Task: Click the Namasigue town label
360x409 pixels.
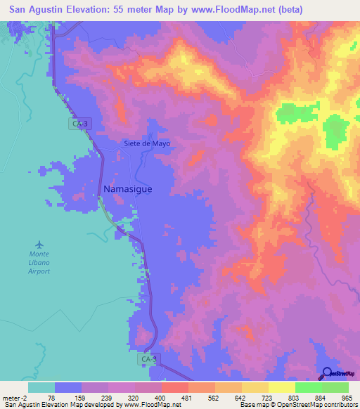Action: (x=127, y=190)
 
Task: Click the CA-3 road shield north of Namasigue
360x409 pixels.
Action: (x=80, y=124)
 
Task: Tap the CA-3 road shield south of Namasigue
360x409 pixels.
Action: (x=146, y=358)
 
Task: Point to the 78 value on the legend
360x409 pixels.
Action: (x=54, y=397)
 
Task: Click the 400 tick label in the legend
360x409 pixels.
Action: (x=160, y=397)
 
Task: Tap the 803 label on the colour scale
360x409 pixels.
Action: (x=294, y=397)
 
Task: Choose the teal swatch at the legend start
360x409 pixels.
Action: (x=41, y=387)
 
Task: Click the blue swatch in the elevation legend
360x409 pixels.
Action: (x=67, y=387)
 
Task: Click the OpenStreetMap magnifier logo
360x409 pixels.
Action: (x=327, y=373)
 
